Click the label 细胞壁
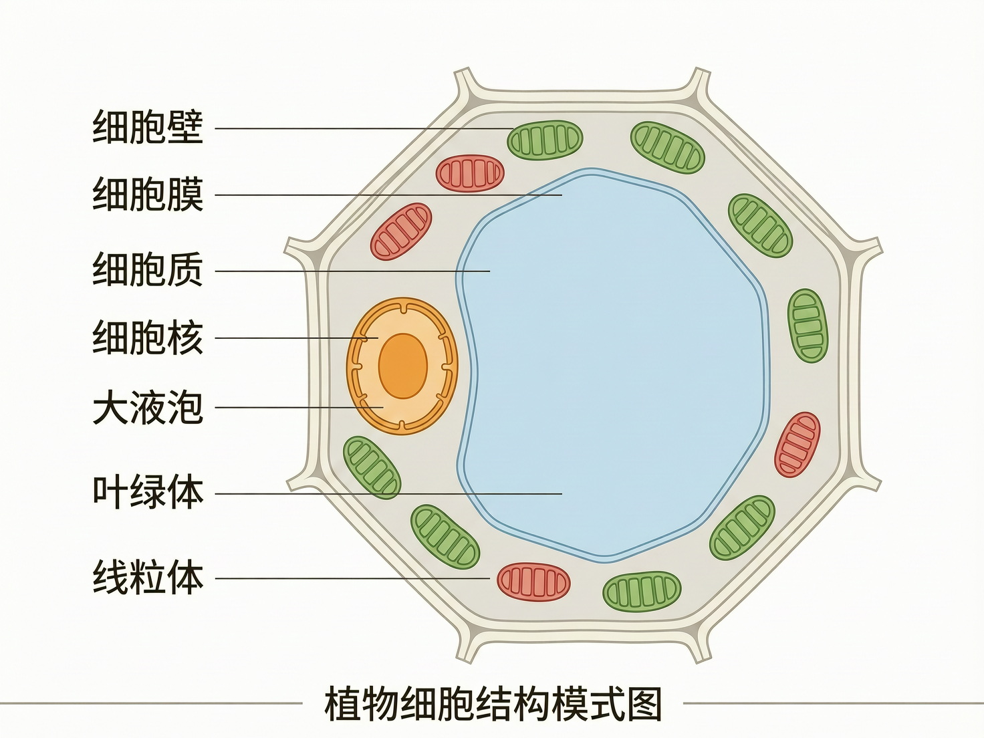pos(148,127)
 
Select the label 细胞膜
pos(148,195)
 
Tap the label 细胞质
pos(148,270)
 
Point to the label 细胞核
pos(148,338)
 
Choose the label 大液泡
pos(148,407)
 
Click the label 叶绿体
pos(148,493)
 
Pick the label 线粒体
pos(148,578)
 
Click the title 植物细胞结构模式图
pos(493,704)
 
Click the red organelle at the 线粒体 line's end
pos(533,582)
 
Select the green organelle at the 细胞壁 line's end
pos(545,140)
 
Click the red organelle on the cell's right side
pos(797,445)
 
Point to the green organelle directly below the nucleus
pos(372,467)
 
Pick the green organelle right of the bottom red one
pos(642,591)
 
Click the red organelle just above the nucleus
pos(401,231)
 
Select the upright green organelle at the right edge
pos(808,326)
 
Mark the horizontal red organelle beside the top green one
pos(469,173)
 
